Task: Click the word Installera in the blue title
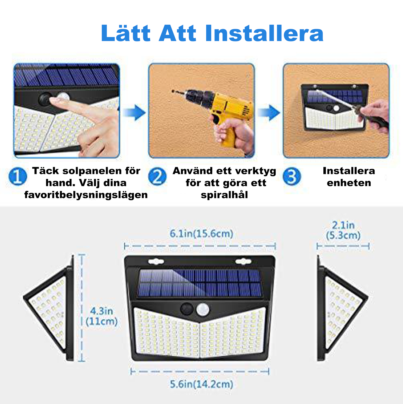[x=264, y=33]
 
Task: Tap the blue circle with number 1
[x=18, y=176]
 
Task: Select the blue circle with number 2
[x=157, y=176]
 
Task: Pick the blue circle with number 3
[x=292, y=176]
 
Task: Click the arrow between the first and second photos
[x=134, y=113]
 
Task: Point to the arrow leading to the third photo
[x=269, y=113]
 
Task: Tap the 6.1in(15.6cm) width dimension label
[x=201, y=234]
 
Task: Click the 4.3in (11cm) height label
[x=102, y=316]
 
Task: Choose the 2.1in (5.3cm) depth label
[x=343, y=230]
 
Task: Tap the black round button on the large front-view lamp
[x=187, y=309]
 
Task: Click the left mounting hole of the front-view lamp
[x=156, y=262]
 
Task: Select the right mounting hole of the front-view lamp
[x=243, y=262]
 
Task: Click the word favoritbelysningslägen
[x=86, y=195]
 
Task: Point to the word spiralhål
[x=224, y=195]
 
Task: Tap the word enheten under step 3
[x=349, y=183]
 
